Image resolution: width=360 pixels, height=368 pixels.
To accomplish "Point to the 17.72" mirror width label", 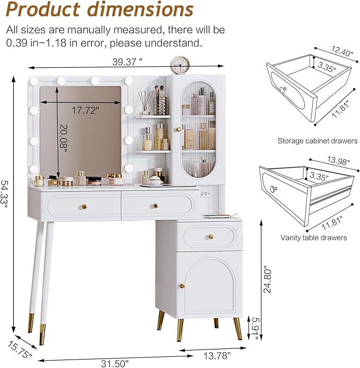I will [x=85, y=110].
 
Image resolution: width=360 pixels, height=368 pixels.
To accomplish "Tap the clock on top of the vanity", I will [x=180, y=65].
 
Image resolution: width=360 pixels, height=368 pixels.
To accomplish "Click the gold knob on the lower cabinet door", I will [x=182, y=285].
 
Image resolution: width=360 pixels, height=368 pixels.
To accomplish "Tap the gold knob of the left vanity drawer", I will [x=83, y=206].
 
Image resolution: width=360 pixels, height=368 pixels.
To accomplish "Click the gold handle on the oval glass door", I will [x=179, y=129].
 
